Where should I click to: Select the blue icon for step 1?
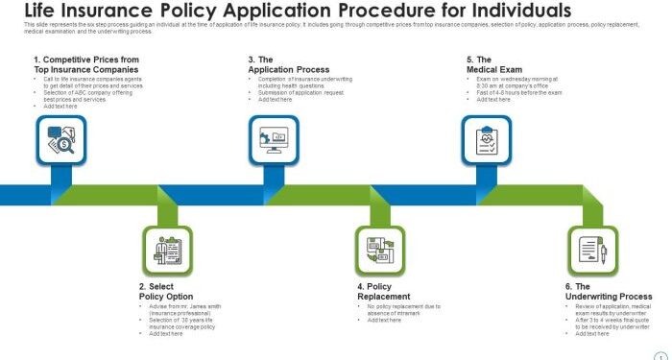(x=60, y=142)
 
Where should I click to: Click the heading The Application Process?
(x=288, y=64)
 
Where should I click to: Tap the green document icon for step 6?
(x=592, y=252)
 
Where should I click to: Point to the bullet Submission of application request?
(x=300, y=92)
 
